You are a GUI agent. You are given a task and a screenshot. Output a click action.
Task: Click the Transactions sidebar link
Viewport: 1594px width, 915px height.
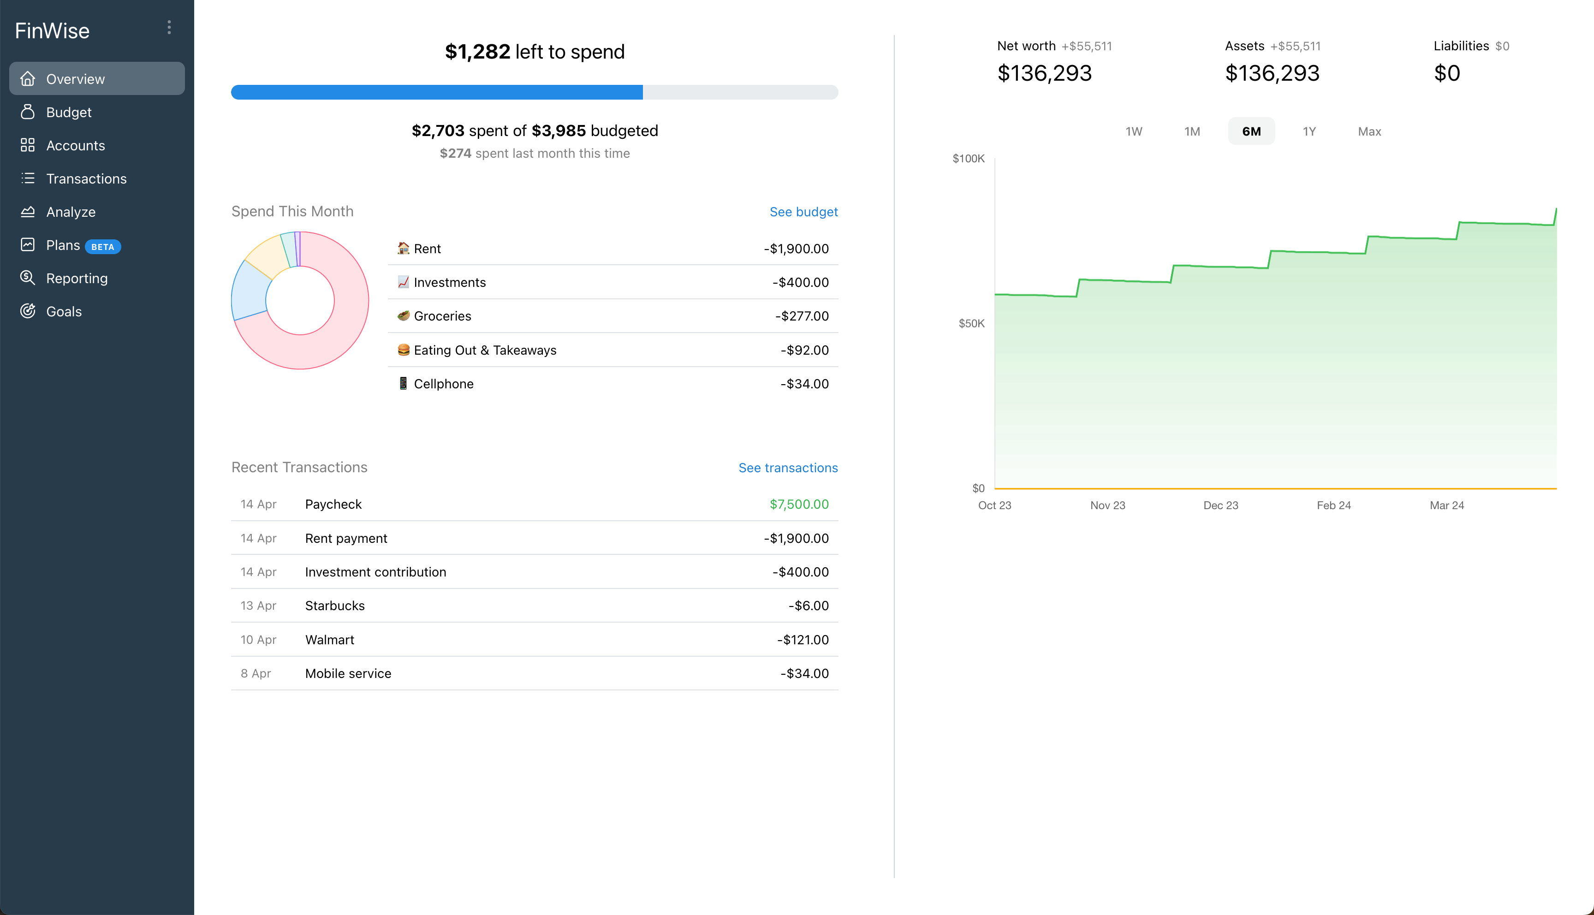pyautogui.click(x=86, y=179)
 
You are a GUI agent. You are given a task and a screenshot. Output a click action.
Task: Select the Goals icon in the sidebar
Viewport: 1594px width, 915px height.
pyautogui.click(x=28, y=311)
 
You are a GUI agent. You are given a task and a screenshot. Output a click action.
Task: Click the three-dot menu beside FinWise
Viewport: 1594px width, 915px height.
pyautogui.click(x=169, y=28)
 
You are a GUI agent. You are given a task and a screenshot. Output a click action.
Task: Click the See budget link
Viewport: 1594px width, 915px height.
pyautogui.click(x=803, y=212)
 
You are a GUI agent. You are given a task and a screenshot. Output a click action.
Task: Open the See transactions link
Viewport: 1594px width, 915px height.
pyautogui.click(x=787, y=468)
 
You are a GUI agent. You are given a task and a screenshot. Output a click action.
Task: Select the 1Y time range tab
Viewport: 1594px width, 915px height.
pyautogui.click(x=1309, y=131)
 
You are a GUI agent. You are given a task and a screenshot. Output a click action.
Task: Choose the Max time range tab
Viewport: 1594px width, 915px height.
pyautogui.click(x=1369, y=131)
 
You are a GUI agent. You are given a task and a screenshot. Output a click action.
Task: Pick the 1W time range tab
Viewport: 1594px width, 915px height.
pyautogui.click(x=1133, y=131)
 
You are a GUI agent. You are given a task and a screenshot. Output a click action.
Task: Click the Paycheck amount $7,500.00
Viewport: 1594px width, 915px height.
pyautogui.click(x=798, y=504)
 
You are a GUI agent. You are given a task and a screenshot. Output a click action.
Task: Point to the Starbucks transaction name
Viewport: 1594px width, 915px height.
pyautogui.click(x=334, y=606)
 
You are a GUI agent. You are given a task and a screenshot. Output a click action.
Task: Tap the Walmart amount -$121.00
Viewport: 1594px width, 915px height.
pyautogui.click(x=803, y=640)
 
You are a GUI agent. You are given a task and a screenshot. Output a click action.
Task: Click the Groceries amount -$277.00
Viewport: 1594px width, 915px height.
pyautogui.click(x=801, y=316)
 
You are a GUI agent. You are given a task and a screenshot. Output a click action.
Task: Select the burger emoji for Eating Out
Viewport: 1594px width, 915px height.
pyautogui.click(x=404, y=350)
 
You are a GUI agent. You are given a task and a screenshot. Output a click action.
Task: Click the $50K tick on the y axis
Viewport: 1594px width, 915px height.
pyautogui.click(x=971, y=324)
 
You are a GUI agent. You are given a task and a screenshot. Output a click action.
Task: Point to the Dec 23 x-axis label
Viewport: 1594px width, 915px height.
pyautogui.click(x=1220, y=505)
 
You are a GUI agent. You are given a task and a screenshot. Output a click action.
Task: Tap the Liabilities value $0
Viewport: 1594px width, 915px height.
pyautogui.click(x=1446, y=73)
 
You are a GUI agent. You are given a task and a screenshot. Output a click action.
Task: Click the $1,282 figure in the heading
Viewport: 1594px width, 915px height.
pyautogui.click(x=477, y=52)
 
